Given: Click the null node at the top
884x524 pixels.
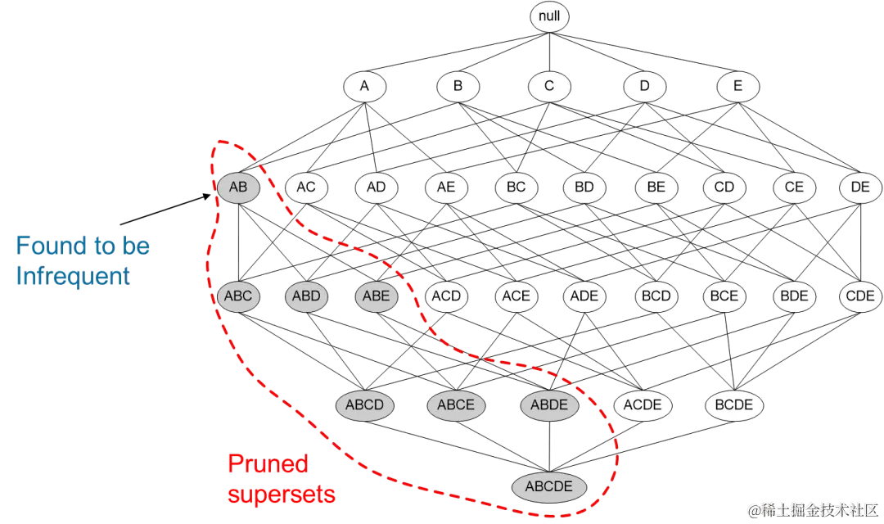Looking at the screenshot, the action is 549,16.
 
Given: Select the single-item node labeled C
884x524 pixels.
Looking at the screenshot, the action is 549,86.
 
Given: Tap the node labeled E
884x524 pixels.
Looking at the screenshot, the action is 738,86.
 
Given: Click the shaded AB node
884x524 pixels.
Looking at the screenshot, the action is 238,187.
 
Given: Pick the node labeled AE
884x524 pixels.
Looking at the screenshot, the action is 446,187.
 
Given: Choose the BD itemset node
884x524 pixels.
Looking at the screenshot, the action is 584,187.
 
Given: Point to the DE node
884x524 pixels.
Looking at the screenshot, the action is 860,187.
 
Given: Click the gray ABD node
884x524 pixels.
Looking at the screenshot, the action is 306,296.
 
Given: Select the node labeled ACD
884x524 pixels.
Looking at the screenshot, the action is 446,296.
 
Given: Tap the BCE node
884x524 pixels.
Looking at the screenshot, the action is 724,296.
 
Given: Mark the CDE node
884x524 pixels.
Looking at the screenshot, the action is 860,296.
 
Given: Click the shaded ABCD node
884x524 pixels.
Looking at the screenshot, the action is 365,405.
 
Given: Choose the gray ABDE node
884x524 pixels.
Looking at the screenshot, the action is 550,405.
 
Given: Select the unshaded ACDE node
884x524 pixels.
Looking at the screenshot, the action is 643,405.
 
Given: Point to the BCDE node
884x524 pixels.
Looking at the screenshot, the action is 734,405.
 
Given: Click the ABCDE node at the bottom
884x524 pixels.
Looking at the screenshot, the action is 549,487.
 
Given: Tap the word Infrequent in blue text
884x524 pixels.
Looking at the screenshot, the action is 73,276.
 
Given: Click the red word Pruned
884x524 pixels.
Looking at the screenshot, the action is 268,464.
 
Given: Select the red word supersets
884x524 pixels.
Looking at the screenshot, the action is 282,495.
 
